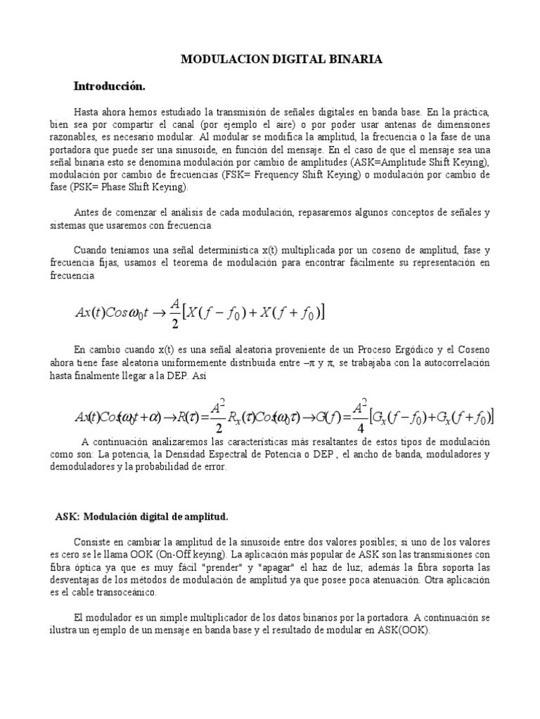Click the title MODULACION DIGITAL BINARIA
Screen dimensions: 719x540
(x=282, y=60)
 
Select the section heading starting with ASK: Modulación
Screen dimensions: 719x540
(x=141, y=516)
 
